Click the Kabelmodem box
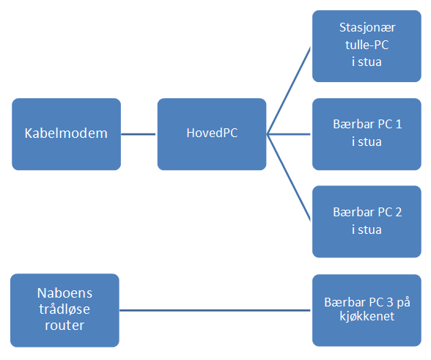tap(66, 134)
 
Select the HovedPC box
tap(212, 134)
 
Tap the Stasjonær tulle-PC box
tap(366, 46)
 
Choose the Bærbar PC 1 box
tap(366, 134)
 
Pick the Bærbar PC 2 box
tap(366, 221)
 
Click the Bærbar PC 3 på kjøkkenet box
tap(366, 310)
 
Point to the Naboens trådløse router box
tap(65, 310)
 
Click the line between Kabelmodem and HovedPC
tap(139, 134)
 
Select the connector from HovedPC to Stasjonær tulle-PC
tap(289, 90)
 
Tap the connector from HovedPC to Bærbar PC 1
tap(289, 134)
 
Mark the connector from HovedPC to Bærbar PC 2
tap(289, 178)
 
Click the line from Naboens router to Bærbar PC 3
tap(215, 310)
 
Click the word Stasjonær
tap(367, 28)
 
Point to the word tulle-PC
tap(367, 45)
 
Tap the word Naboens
tap(65, 293)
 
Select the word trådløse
tap(65, 309)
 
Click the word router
tap(65, 326)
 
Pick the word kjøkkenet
tap(367, 316)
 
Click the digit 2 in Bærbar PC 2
tap(399, 213)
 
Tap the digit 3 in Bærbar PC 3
tap(390, 302)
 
